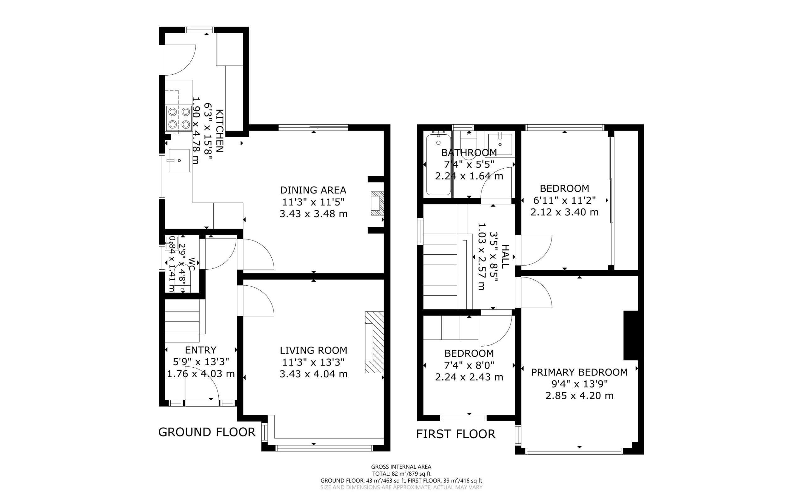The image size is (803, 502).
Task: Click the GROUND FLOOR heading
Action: [x=207, y=432]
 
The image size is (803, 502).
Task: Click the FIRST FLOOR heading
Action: [x=456, y=434]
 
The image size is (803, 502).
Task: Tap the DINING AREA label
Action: [x=313, y=190]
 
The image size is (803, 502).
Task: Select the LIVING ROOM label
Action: [x=313, y=350]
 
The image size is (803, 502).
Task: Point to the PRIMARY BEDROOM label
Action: [x=579, y=372]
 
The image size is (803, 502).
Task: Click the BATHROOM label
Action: [x=469, y=153]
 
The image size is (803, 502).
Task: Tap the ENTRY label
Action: [x=201, y=350]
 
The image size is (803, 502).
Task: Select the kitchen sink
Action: [x=179, y=160]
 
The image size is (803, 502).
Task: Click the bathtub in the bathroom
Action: [x=438, y=164]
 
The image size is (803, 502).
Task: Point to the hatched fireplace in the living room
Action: [x=375, y=342]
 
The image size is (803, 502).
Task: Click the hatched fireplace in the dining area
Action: [x=377, y=203]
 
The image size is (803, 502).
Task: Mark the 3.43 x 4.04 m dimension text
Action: [x=313, y=374]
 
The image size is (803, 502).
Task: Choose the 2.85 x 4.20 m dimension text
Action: [x=579, y=396]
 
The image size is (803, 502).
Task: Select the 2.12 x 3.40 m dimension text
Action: [x=565, y=212]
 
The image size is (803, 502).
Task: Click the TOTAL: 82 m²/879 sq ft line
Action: [x=401, y=474]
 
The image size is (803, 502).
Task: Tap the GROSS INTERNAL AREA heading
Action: [x=401, y=467]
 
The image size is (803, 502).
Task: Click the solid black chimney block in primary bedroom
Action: [x=631, y=335]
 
